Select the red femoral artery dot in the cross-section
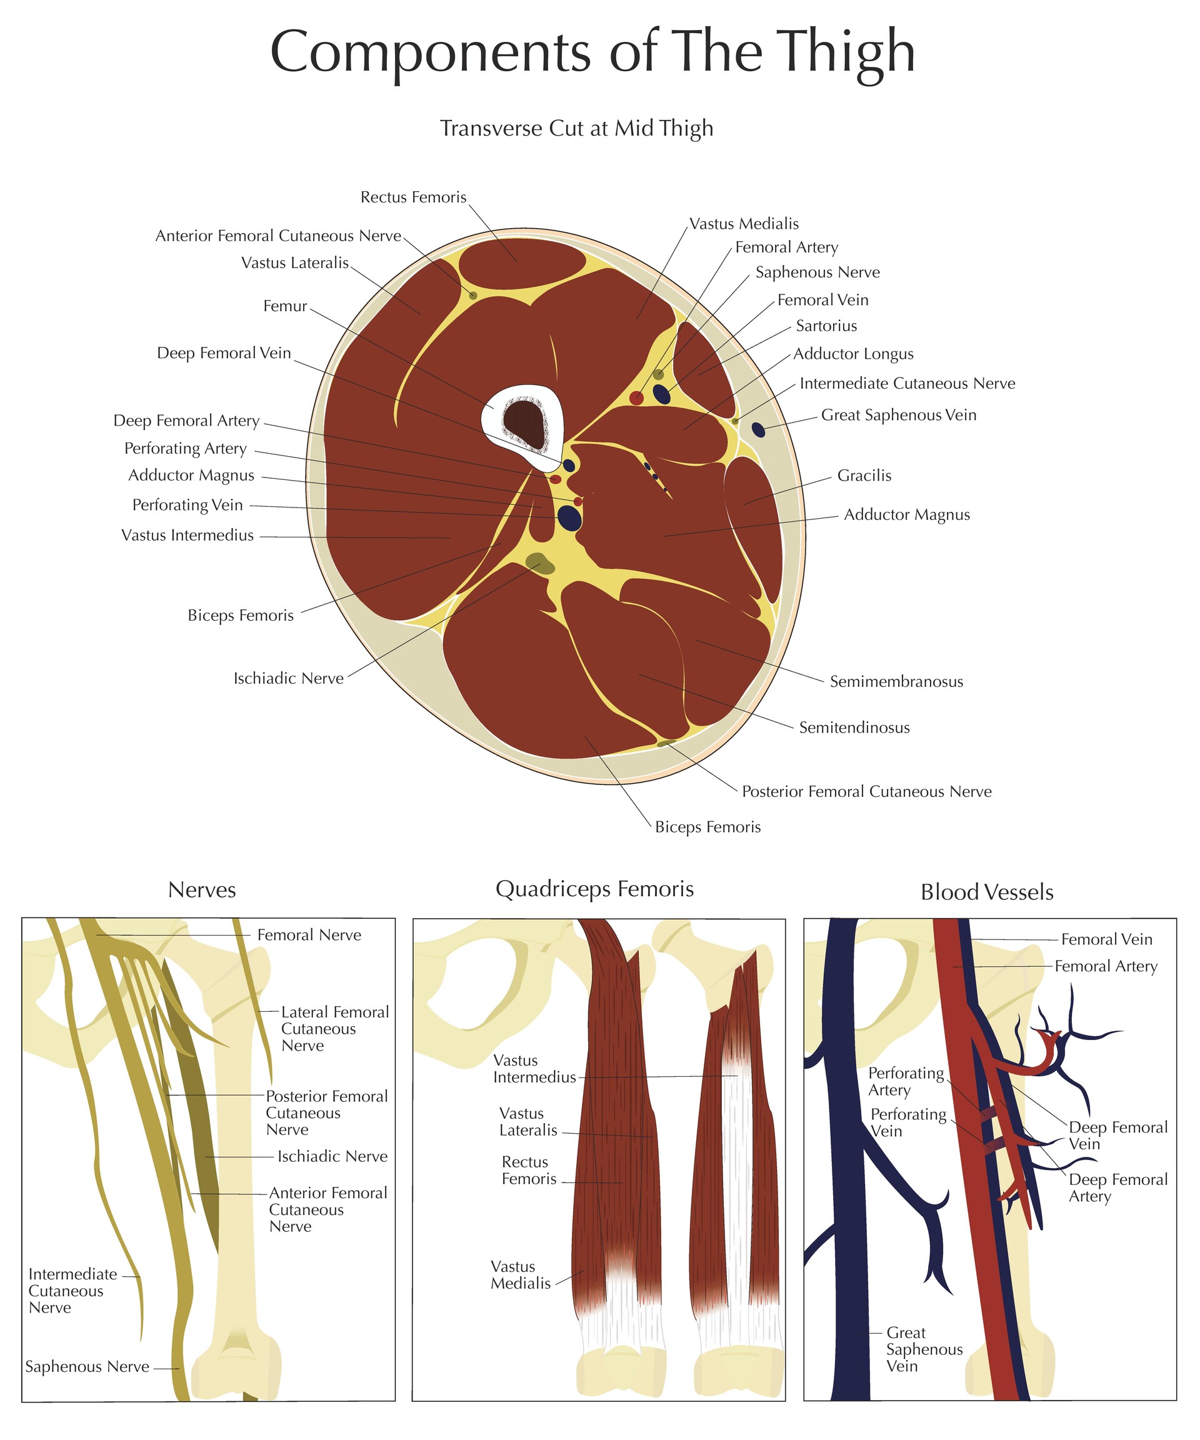[x=636, y=397]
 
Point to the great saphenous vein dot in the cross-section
[x=757, y=429]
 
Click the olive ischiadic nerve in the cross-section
[x=539, y=563]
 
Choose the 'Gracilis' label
[x=864, y=476]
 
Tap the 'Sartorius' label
[x=826, y=326]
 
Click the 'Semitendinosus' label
[x=854, y=727]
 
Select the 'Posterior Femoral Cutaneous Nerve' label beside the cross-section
[x=867, y=792]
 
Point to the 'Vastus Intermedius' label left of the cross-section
[x=187, y=536]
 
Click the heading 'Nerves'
[x=202, y=890]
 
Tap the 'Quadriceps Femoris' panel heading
[x=594, y=889]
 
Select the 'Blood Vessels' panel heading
[x=987, y=892]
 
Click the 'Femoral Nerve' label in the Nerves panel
[x=309, y=936]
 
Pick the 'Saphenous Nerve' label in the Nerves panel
[x=87, y=1367]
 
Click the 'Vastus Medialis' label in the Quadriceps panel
[x=521, y=1275]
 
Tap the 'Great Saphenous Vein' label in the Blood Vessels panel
[x=924, y=1349]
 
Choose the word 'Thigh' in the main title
[x=848, y=54]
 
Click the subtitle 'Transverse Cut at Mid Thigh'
[x=576, y=128]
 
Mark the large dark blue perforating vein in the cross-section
[x=569, y=517]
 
